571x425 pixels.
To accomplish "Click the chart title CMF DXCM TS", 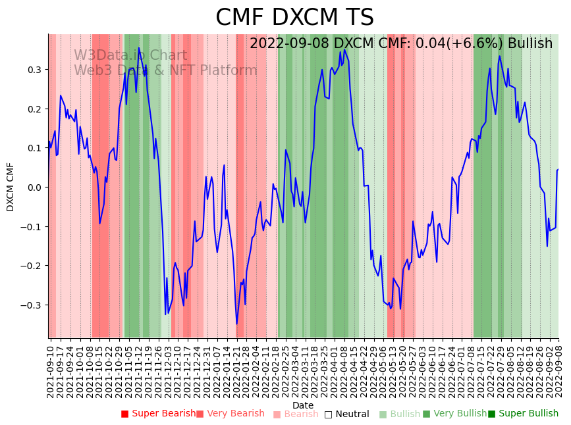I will [294, 18].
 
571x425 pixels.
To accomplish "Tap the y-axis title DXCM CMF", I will [11, 187].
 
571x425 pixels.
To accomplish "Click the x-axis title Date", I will [303, 405].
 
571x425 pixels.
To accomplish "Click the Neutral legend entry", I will [351, 414].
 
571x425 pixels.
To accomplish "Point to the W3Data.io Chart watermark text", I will [130, 55].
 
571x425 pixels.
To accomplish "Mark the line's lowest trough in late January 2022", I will [237, 324].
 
